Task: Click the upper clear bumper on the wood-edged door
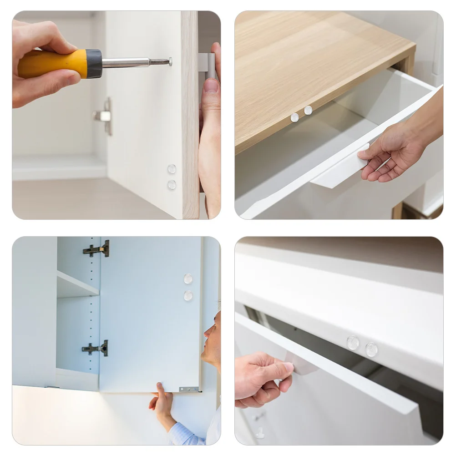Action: [172, 169]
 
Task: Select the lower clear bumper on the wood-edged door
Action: [172, 185]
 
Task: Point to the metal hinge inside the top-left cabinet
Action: [104, 116]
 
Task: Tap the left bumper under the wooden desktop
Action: [294, 117]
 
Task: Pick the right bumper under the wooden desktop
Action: [308, 110]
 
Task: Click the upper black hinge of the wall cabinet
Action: [97, 249]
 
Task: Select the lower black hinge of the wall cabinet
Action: [96, 349]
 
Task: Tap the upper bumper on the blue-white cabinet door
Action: [188, 279]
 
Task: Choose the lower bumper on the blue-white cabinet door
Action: [188, 296]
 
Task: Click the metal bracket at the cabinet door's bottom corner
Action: [189, 390]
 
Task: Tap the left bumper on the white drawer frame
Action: [353, 343]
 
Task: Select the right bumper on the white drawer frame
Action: [371, 350]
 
